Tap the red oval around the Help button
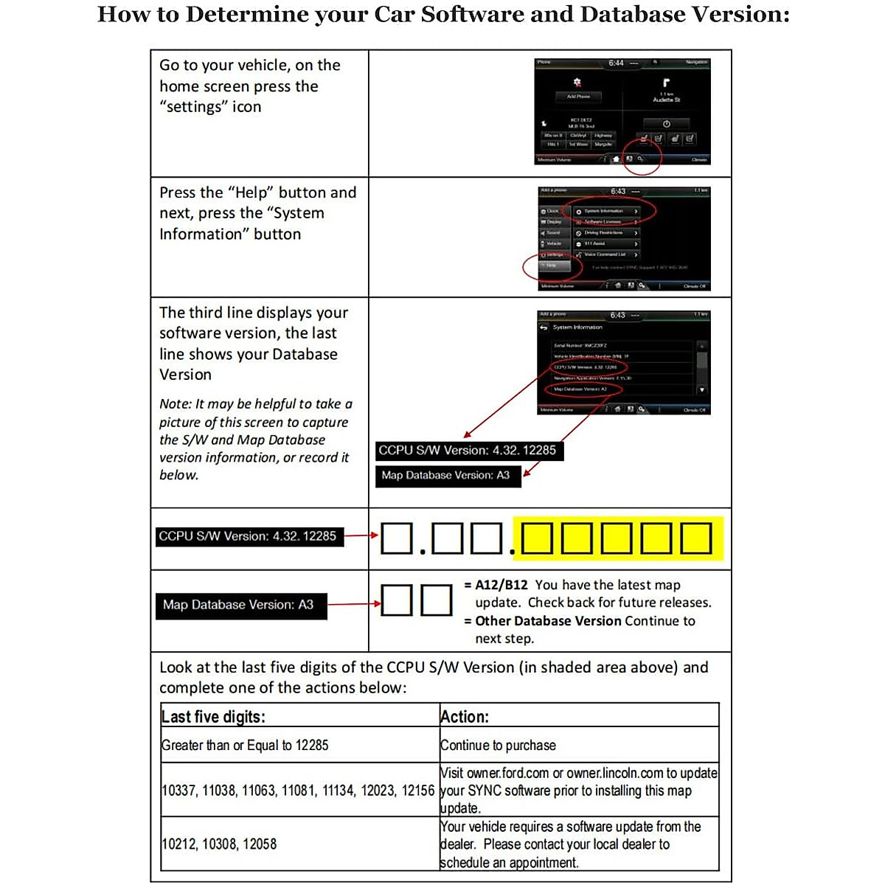click(552, 266)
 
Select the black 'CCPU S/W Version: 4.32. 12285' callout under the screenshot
click(469, 450)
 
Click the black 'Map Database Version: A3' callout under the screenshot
click(448, 476)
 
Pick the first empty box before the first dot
click(397, 538)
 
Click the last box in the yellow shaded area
click(695, 538)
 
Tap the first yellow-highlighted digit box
click(538, 538)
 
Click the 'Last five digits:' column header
click(213, 717)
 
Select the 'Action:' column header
click(465, 717)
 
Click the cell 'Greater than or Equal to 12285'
click(245, 746)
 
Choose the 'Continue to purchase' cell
click(498, 746)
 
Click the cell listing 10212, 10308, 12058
click(219, 844)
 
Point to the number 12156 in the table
click(417, 791)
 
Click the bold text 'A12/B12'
click(502, 585)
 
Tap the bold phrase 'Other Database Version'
click(548, 621)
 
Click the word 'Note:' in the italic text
click(175, 404)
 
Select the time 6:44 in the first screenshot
click(616, 63)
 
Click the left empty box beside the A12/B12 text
click(396, 600)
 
